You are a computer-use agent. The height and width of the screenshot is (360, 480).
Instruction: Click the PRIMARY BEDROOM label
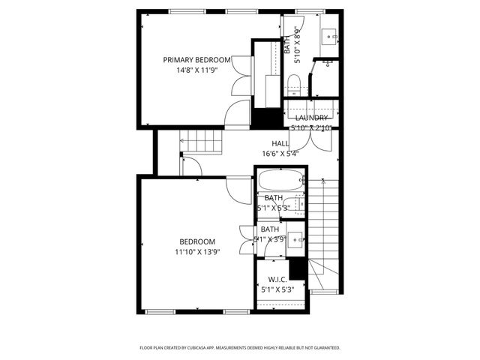point(197,59)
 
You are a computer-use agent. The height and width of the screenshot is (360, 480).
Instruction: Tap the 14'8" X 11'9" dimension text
point(197,70)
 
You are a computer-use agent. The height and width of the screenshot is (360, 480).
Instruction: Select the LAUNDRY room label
point(310,118)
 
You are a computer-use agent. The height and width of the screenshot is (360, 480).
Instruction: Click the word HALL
point(280,143)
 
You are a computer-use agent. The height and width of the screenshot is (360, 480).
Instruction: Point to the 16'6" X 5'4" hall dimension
point(280,153)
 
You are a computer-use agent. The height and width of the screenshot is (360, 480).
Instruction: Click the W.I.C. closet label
point(279,279)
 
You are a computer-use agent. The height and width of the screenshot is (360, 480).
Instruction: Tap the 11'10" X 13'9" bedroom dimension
point(197,252)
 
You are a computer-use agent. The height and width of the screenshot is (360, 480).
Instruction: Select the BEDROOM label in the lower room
point(197,241)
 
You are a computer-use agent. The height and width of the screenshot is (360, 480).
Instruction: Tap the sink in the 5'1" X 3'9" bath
point(295,241)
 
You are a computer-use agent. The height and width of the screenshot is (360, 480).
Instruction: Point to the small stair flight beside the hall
point(204,140)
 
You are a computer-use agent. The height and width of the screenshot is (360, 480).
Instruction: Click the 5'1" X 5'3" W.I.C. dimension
point(279,289)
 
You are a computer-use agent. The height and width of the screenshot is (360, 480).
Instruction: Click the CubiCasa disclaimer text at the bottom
point(240,348)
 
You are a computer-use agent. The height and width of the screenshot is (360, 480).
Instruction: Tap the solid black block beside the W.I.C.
point(298,268)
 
